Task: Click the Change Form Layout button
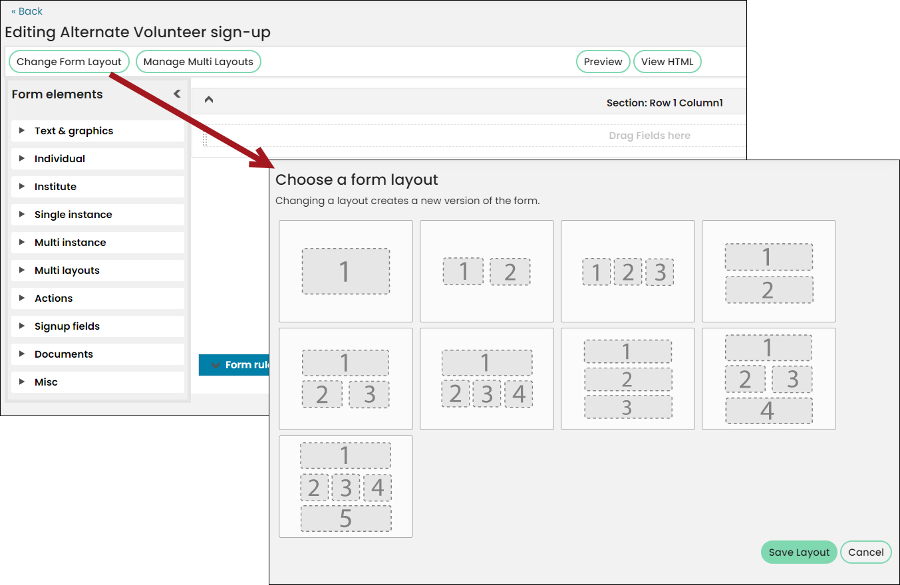[69, 62]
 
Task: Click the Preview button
[603, 62]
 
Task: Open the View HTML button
[667, 62]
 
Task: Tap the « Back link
[27, 11]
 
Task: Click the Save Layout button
[799, 552]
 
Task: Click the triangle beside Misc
[22, 382]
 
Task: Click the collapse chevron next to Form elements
[177, 94]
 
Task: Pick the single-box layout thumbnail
[345, 271]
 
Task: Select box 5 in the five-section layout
[346, 519]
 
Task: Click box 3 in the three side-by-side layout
[660, 272]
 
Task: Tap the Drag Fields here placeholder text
[649, 136]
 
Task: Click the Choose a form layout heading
[357, 180]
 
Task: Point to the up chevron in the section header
[208, 100]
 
